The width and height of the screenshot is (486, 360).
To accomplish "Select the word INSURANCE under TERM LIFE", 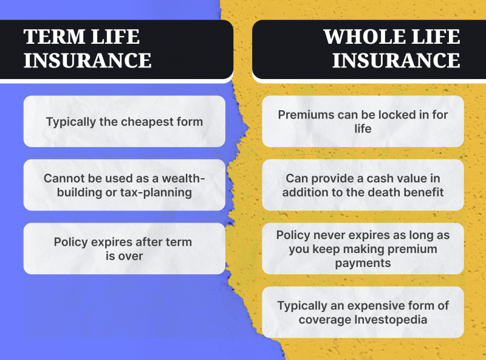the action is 87,60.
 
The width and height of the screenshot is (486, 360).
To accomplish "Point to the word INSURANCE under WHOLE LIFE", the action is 396,60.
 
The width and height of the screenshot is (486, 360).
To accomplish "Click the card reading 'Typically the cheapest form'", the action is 125,122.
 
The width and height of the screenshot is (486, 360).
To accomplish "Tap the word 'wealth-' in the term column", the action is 183,178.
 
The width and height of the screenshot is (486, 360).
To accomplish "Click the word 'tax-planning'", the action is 156,193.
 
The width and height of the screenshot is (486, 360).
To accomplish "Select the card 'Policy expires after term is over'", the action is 125,249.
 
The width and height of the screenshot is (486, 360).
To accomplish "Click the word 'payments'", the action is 363,263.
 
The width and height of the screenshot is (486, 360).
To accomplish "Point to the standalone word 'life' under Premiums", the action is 363,128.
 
